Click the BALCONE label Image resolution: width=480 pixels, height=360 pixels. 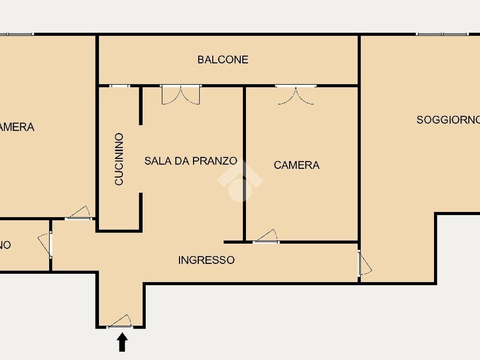pos(223,60)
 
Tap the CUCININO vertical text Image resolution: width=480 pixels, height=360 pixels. pos(119,159)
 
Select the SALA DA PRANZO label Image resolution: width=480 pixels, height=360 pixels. pos(190,161)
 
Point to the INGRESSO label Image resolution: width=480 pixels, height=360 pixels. pos(206,260)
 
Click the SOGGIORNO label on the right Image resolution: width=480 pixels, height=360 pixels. pos(448,120)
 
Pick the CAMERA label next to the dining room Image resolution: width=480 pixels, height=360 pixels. pos(296,165)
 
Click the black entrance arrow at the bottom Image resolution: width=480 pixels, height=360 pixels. pos(122,342)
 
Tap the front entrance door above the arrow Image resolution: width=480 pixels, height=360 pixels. pos(120,323)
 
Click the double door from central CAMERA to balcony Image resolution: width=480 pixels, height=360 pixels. pos(295,94)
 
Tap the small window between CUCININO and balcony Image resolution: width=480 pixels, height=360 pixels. pos(120,86)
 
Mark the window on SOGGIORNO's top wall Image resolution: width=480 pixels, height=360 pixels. pos(442,34)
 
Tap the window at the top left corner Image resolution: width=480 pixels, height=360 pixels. pos(16,34)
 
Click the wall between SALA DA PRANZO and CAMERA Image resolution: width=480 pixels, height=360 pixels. pos(244,164)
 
